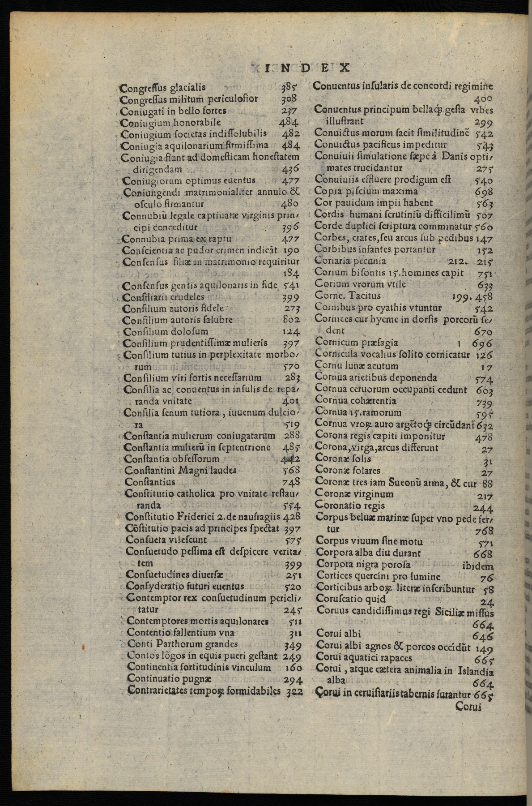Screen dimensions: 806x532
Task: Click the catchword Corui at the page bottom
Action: (468, 707)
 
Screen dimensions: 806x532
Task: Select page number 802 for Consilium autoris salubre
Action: (291, 320)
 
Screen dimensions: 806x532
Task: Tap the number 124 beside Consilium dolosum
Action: (291, 332)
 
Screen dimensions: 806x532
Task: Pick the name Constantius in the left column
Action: (149, 482)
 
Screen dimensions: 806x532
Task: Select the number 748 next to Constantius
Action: (291, 482)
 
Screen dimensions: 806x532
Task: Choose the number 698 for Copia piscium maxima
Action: (484, 192)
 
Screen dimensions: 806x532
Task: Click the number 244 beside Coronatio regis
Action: (483, 508)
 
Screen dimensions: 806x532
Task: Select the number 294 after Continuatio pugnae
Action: (294, 679)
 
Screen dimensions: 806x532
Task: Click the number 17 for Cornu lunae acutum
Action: (486, 367)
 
